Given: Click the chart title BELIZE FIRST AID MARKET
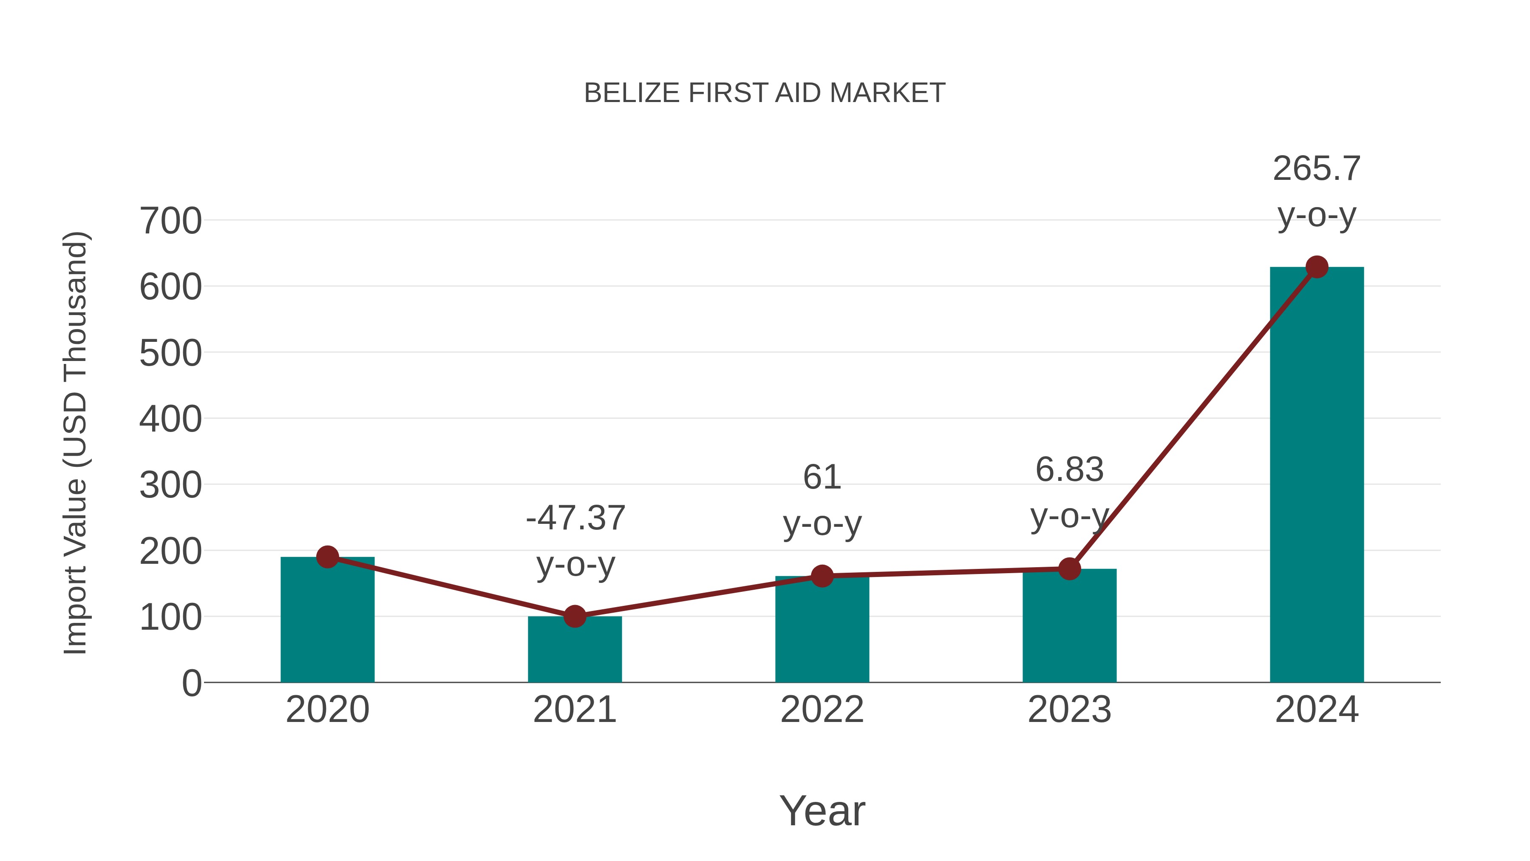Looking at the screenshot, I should click(765, 93).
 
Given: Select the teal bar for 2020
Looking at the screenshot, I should click(327, 624).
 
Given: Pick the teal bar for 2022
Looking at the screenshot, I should click(822, 632).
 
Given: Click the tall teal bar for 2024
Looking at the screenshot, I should click(1317, 475).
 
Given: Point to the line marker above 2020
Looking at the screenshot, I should click(327, 557).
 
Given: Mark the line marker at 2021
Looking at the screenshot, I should click(574, 616).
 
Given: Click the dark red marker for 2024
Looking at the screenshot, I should click(1317, 267).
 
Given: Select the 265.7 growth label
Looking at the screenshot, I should click(1316, 169).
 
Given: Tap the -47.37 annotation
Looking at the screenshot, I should click(575, 518).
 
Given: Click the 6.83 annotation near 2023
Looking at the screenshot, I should click(1069, 469).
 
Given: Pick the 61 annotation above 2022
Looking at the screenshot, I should click(822, 477).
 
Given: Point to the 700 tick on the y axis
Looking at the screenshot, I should click(170, 221).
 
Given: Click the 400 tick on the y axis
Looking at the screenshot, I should click(170, 420).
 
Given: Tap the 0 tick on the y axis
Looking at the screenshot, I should click(192, 683).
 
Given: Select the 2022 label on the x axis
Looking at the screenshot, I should click(822, 710).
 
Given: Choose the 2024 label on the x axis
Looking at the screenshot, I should click(1317, 710).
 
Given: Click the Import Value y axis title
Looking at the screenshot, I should click(76, 443).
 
